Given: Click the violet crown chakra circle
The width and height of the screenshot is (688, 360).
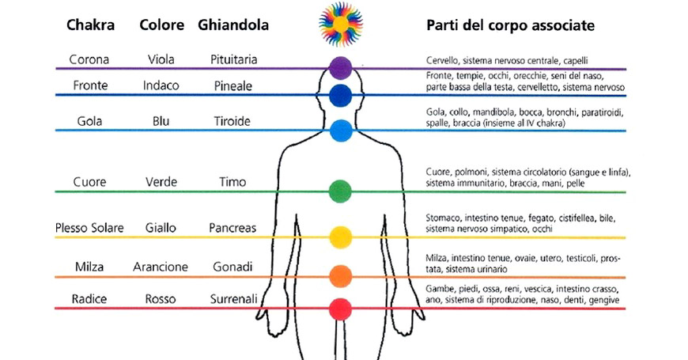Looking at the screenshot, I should pos(340,66).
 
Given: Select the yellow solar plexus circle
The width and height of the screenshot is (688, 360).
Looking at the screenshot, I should pos(340,236).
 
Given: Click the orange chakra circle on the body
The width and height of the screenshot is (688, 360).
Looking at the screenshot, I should pos(340,275).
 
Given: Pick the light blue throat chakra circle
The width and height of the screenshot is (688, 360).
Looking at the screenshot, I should pos(340,129).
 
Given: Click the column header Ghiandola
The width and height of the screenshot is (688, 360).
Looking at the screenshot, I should pos(233,25).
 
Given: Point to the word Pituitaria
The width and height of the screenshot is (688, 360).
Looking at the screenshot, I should pos(233,60).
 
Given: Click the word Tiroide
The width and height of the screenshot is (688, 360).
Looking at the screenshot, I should pos(232,121).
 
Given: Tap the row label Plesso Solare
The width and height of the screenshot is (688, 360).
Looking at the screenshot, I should pos(89,228).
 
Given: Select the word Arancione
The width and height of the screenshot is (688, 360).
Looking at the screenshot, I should pos(161,267).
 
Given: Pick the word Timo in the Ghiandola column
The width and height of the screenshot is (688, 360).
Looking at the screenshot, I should pos(232,182).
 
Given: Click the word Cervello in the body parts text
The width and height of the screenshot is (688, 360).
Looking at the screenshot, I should pos(440,60).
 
